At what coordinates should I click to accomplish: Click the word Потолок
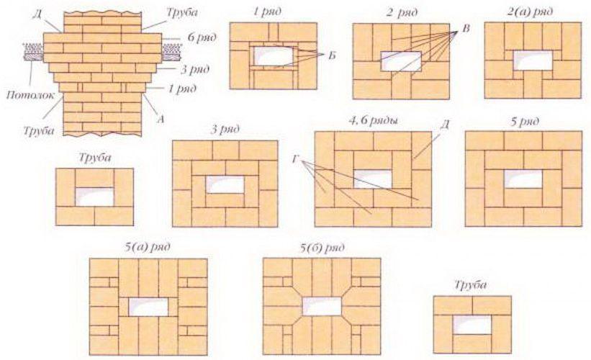(30, 95)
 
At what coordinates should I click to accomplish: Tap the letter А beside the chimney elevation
(161, 120)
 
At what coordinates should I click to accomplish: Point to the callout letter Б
(332, 55)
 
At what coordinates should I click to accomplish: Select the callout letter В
(466, 29)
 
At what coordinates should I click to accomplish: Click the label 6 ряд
(202, 37)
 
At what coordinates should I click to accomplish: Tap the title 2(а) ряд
(530, 12)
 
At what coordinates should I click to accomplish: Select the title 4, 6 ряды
(373, 121)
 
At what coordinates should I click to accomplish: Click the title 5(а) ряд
(147, 247)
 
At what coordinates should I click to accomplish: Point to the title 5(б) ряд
(322, 248)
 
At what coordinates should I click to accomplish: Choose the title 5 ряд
(524, 122)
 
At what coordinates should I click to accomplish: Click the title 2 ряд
(402, 12)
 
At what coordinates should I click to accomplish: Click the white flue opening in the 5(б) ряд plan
(322, 306)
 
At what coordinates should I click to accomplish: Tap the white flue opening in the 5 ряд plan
(523, 179)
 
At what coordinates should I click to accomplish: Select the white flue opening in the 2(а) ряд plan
(533, 60)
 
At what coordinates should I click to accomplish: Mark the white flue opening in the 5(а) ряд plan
(148, 307)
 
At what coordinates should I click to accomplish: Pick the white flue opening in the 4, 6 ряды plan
(373, 179)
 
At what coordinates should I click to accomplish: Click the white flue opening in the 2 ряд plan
(401, 61)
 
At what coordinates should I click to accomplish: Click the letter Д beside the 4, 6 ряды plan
(445, 125)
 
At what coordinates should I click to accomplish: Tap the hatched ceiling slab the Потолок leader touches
(34, 52)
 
